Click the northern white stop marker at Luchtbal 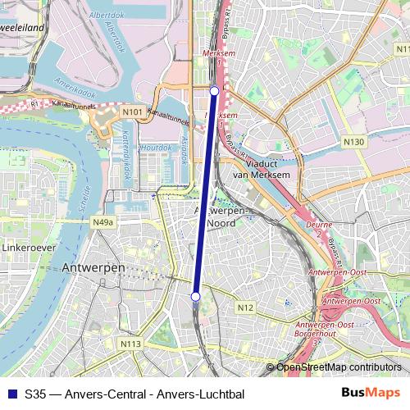point(214,90)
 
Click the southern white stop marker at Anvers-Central point(195,296)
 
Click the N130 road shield point(353,142)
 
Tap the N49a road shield point(103,222)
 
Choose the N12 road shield point(244,307)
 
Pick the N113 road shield point(129,344)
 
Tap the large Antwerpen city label point(93,268)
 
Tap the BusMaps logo point(371,394)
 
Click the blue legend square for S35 point(11,394)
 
